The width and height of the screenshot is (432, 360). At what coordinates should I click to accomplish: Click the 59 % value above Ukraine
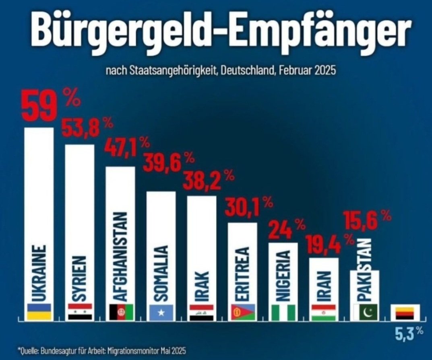tap(50, 106)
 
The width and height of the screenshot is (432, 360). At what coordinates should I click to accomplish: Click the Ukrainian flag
tap(39, 312)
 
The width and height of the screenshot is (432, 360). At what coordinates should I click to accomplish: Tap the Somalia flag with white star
tap(161, 312)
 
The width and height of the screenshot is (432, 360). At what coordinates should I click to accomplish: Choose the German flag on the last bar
tap(405, 313)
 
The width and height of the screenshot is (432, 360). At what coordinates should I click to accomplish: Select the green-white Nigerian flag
tap(283, 312)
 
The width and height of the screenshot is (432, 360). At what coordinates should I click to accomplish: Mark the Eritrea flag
tap(243, 312)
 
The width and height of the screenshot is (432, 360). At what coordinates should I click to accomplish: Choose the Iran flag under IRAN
tap(324, 312)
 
